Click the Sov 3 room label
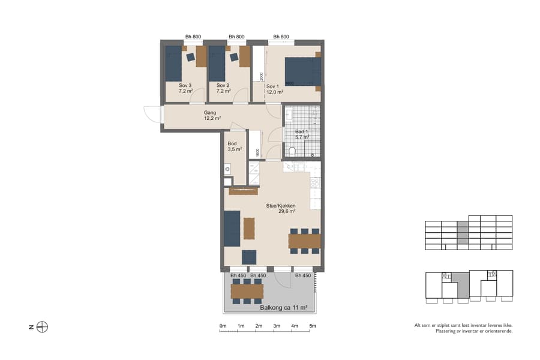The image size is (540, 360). (185, 89)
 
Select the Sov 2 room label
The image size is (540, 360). (224, 89)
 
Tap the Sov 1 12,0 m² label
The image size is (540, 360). (275, 89)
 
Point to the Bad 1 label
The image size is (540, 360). (302, 134)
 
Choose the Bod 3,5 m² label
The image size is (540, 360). (234, 146)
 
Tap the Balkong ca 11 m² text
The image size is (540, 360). (283, 308)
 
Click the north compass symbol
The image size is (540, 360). (42, 327)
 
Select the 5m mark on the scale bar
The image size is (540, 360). (313, 326)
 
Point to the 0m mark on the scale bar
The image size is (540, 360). (223, 326)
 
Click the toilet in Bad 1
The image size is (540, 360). (292, 151)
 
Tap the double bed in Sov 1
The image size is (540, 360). (302, 71)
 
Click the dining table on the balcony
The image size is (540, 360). (247, 291)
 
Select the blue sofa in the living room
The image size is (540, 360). (232, 229)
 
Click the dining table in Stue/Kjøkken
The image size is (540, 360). (304, 241)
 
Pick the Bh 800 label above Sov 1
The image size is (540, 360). (281, 37)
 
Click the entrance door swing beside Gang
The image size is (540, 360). (152, 113)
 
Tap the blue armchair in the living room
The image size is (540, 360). (248, 257)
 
